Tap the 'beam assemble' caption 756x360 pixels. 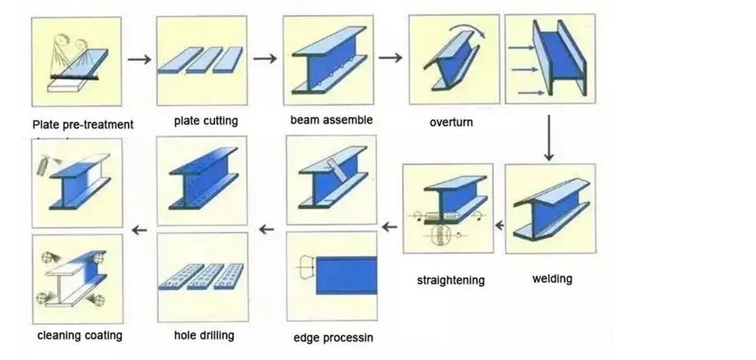tap(331, 120)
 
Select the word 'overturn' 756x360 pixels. tap(451, 122)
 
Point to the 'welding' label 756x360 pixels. tap(552, 278)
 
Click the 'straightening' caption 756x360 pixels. tap(450, 280)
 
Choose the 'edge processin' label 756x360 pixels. tap(333, 337)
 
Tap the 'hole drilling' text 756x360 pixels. tap(204, 335)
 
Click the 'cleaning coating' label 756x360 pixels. tap(80, 335)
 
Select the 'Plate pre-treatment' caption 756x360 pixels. tap(83, 124)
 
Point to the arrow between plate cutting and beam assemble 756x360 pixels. tap(265, 59)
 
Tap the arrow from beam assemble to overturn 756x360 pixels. tap(390, 58)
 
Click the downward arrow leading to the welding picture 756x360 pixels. tap(549, 138)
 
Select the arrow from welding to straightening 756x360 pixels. tap(500, 226)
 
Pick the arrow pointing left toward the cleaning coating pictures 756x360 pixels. tap(139, 229)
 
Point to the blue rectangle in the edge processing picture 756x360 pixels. tap(346, 274)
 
